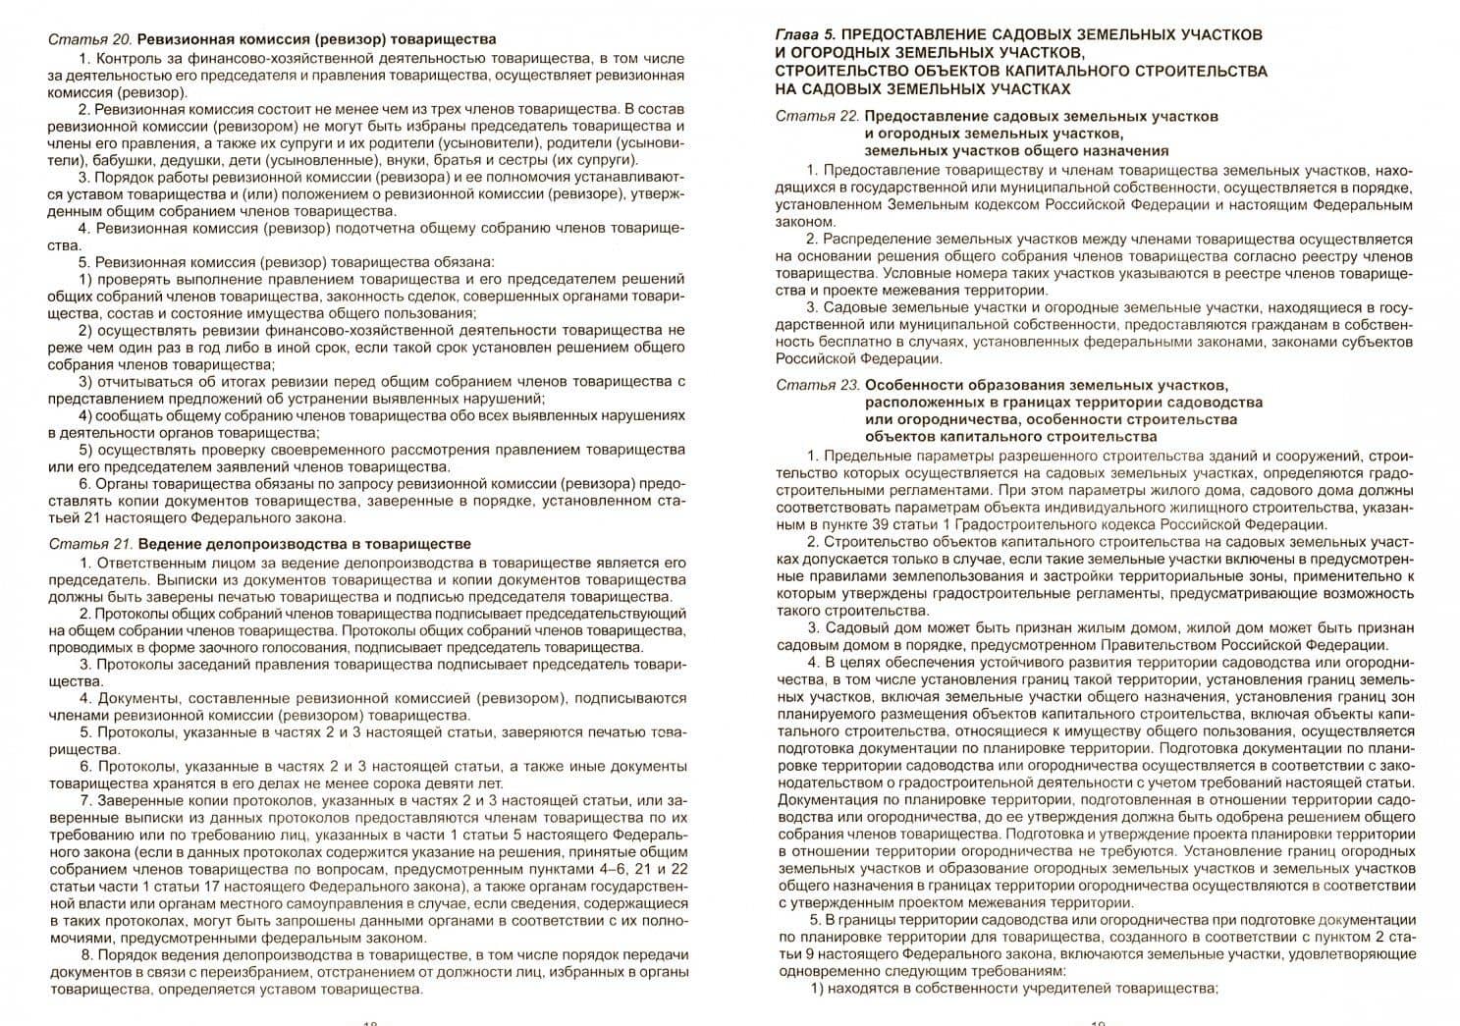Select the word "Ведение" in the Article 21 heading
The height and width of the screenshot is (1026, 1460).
click(165, 544)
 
